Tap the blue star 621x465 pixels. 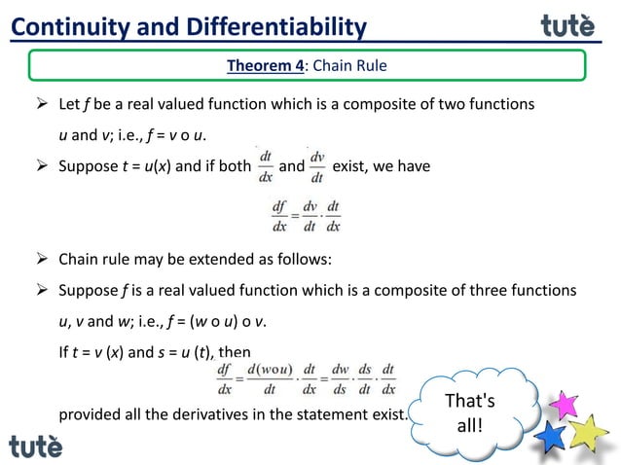(x=551, y=436)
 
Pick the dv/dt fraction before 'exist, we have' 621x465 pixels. (x=317, y=165)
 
